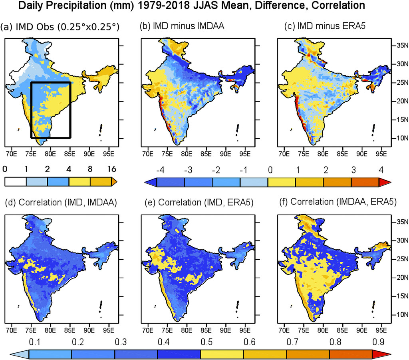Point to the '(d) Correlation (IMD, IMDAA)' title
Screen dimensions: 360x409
pyautogui.click(x=58, y=203)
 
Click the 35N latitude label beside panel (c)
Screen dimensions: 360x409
pyautogui.click(x=399, y=46)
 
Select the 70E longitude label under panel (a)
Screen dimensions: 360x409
pyautogui.click(x=11, y=153)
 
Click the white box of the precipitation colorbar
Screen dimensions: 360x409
pyautogui.click(x=15, y=181)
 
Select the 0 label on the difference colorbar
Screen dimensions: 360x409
pyautogui.click(x=270, y=169)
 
